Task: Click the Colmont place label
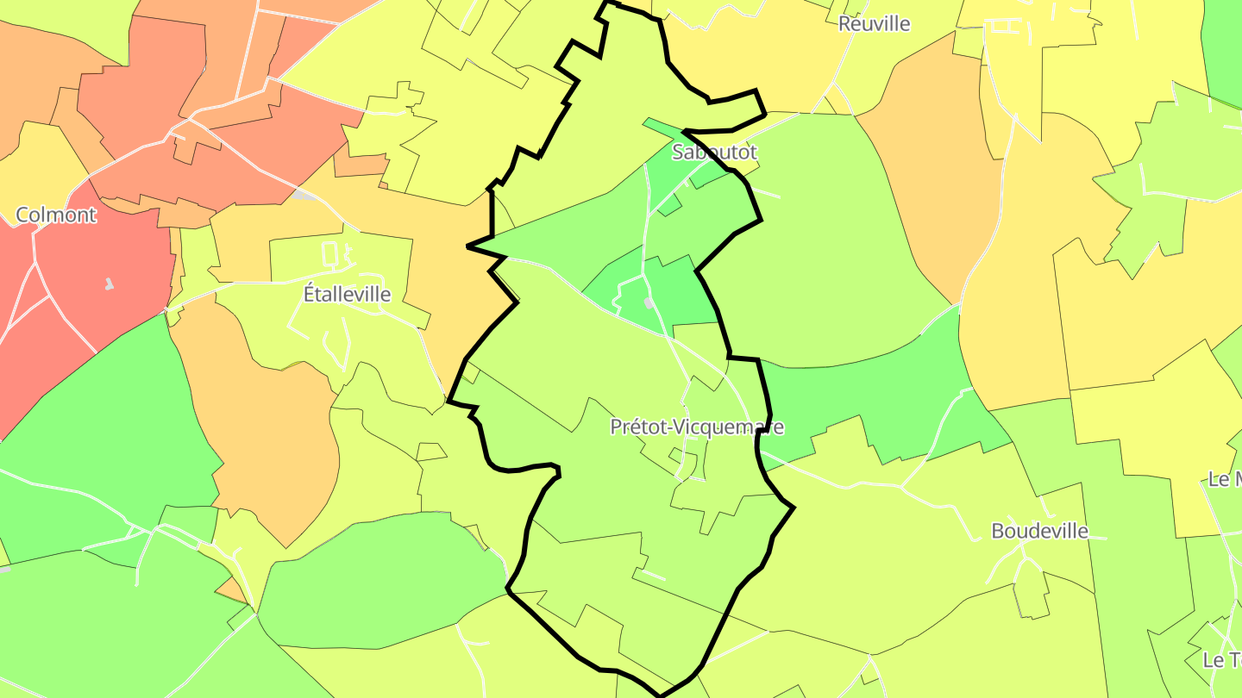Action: [x=56, y=215]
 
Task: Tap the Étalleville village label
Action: [x=347, y=294]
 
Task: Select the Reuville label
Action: [x=874, y=23]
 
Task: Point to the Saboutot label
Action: [x=714, y=153]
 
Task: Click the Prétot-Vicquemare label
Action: [x=697, y=427]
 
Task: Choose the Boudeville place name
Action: [x=1039, y=531]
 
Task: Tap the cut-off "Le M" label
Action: [x=1225, y=479]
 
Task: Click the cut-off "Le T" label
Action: [x=1221, y=660]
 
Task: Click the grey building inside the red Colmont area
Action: [x=109, y=284]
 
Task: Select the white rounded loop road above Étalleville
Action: [x=329, y=253]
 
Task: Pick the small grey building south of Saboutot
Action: [x=649, y=303]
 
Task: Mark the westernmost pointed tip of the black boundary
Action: [x=467, y=247]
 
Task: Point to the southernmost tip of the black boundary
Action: [x=661, y=695]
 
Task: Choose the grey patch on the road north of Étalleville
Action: [x=304, y=195]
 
